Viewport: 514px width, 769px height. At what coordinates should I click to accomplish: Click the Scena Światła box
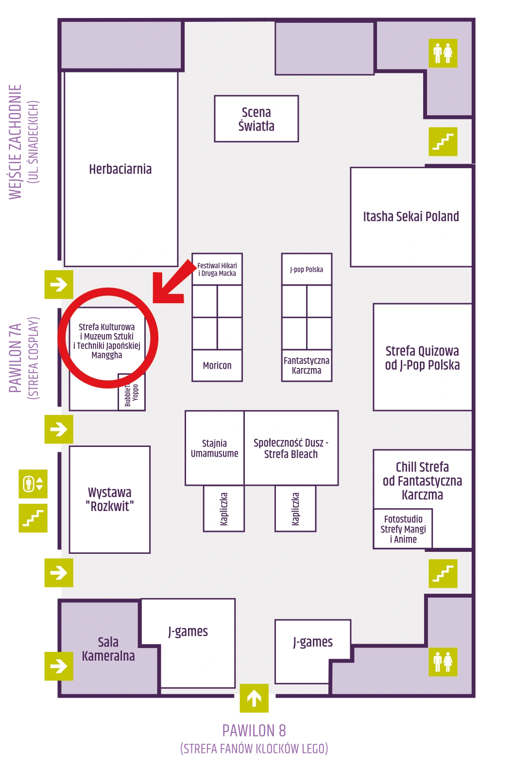tap(256, 119)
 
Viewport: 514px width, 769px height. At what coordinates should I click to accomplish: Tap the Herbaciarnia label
tap(120, 169)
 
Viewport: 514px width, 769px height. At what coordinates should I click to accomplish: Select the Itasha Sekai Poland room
tap(411, 217)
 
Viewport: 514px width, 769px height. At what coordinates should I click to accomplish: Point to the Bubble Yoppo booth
tap(131, 392)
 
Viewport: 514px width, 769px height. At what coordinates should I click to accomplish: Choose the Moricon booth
tap(217, 365)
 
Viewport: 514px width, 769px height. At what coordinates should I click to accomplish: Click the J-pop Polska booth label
tap(307, 270)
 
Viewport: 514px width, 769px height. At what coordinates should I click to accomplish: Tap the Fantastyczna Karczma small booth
tap(307, 365)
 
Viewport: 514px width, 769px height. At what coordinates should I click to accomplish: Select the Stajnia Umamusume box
tap(215, 448)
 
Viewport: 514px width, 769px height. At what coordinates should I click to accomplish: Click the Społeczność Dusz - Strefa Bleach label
tap(291, 448)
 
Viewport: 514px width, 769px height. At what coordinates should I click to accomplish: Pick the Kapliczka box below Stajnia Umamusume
tap(224, 509)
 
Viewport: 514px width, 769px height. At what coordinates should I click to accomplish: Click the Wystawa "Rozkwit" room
tap(109, 499)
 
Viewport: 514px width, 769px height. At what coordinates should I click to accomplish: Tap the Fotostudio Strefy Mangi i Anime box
tap(403, 529)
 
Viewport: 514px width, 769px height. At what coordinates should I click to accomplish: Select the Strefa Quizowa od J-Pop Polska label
tap(422, 358)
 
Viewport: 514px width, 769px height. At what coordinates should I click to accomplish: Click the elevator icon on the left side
tap(33, 484)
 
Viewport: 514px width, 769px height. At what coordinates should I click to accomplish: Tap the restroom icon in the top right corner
tap(443, 53)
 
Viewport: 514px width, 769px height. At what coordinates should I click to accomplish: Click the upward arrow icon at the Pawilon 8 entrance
tap(254, 698)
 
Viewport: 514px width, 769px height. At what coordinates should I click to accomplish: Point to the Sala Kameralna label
tap(108, 649)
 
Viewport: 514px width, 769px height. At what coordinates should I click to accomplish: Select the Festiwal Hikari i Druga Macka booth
tap(217, 269)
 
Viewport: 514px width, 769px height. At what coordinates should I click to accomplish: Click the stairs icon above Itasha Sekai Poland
tap(443, 141)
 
